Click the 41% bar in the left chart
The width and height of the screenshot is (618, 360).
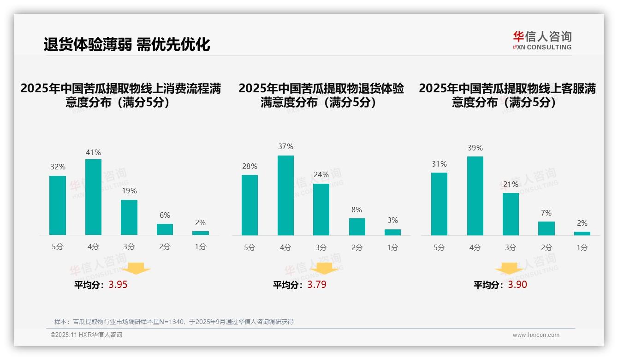point(93,197)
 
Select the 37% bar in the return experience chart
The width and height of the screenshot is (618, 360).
point(285,195)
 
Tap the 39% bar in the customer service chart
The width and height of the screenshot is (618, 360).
point(475,196)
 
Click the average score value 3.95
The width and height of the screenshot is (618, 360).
point(118,285)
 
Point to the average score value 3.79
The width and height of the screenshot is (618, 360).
point(317,285)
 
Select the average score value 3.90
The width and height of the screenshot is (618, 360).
point(517,285)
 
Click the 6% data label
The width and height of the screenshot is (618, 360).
point(165,215)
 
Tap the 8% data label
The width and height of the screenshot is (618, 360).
point(357,210)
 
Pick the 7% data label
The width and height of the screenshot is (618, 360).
point(547,213)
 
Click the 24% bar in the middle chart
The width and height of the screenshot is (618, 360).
point(321,210)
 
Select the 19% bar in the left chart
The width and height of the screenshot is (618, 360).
point(129,217)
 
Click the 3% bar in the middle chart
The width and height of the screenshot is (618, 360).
point(392,232)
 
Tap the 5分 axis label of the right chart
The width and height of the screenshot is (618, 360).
point(439,247)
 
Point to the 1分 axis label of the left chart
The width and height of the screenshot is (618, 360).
point(201,247)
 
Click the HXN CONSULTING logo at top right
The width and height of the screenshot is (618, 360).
point(542,41)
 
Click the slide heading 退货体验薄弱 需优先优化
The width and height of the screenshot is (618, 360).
point(127,44)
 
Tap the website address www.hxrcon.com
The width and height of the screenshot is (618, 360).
point(536,335)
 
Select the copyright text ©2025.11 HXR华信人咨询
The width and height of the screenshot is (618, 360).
point(86,335)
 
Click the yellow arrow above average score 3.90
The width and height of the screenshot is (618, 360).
point(509,269)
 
